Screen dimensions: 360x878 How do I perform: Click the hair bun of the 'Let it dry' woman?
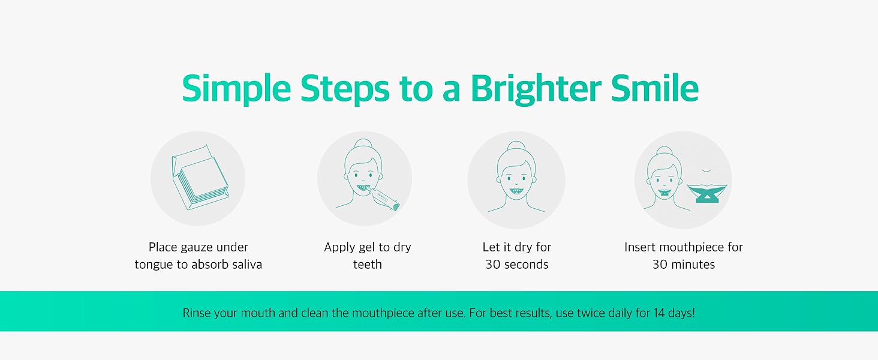point(516,146)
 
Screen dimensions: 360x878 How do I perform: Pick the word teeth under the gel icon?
point(367,265)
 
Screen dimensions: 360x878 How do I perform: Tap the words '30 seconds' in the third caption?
point(516,265)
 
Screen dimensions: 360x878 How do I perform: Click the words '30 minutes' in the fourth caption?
point(683,265)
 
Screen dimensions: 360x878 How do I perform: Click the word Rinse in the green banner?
point(197,313)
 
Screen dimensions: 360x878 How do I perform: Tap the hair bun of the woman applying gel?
point(363,145)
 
